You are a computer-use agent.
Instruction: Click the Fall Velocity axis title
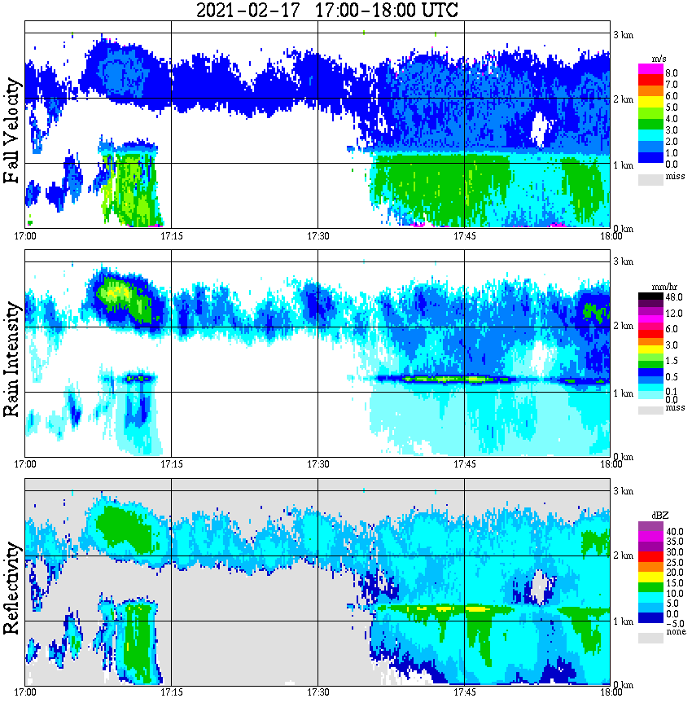click(x=12, y=130)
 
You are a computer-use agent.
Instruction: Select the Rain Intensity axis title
click(x=12, y=358)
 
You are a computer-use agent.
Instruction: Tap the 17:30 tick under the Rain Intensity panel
click(x=318, y=464)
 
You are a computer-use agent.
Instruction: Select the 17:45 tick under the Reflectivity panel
click(x=464, y=692)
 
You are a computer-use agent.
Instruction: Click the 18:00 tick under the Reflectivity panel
click(x=611, y=692)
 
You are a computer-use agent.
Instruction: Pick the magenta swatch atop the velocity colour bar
click(x=650, y=68)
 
